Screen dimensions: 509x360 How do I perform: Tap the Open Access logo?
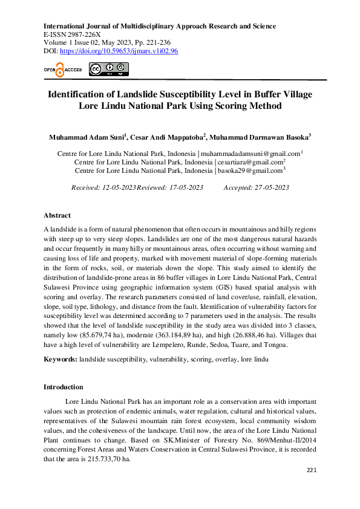tap(62, 70)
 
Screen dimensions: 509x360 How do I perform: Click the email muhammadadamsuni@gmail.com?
tap(250, 154)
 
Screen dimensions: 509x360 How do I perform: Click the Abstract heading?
tap(57, 215)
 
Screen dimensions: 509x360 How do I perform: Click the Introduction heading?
tap(64, 387)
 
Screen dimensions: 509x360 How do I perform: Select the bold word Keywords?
tap(60, 360)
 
